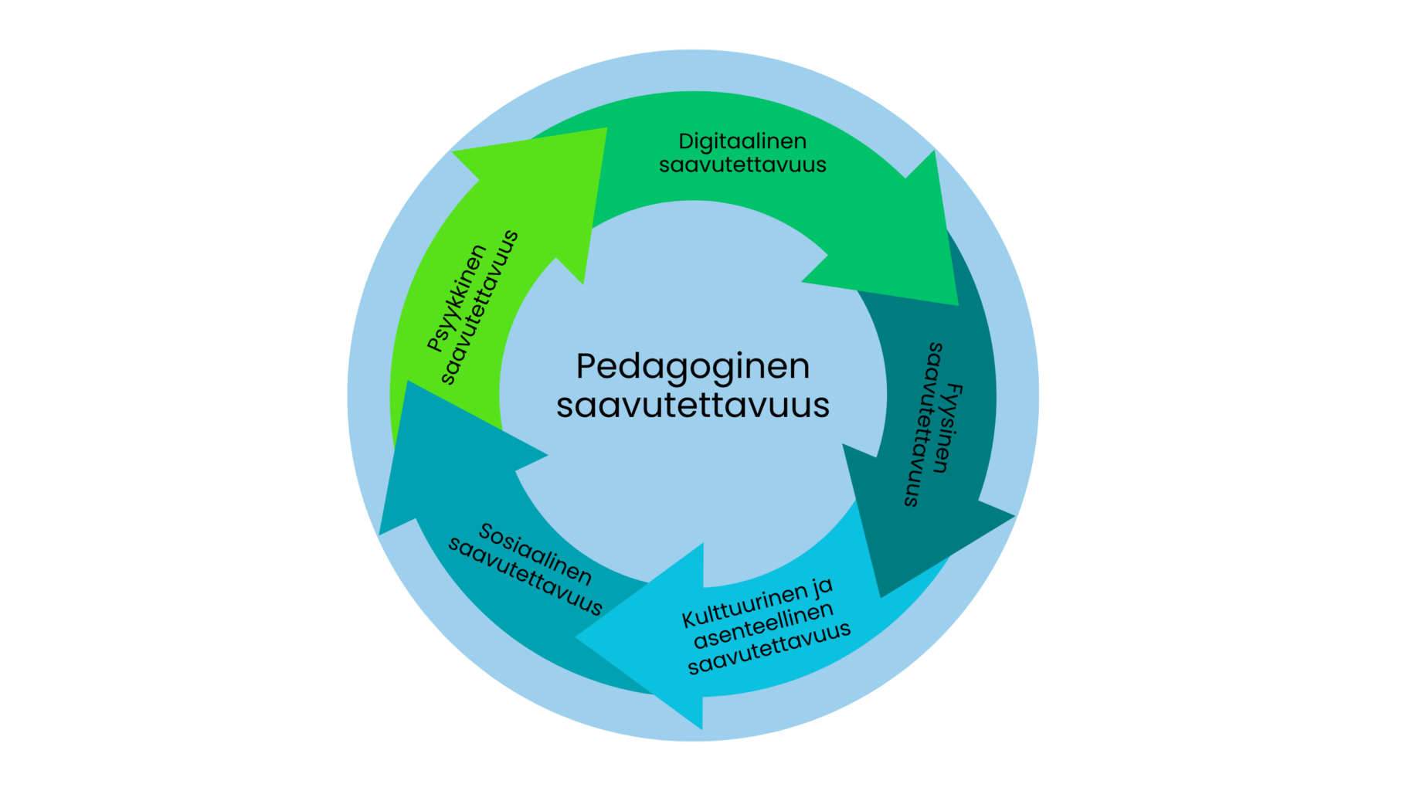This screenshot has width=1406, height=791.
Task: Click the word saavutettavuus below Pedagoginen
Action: pos(693,406)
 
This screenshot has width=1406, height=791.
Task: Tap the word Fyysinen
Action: pos(947,427)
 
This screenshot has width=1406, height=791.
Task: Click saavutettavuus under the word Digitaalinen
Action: pos(742,165)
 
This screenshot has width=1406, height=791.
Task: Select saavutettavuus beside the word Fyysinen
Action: pos(923,424)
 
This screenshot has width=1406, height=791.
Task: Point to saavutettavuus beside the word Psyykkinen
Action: pos(480,307)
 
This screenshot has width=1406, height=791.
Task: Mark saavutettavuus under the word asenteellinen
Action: pos(769,649)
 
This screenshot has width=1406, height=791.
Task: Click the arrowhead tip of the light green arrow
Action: pos(606,128)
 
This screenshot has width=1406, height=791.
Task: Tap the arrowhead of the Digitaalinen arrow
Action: pos(958,304)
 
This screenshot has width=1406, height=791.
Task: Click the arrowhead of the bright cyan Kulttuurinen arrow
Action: pos(576,638)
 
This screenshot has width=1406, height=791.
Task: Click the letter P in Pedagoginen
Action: pos(587,366)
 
